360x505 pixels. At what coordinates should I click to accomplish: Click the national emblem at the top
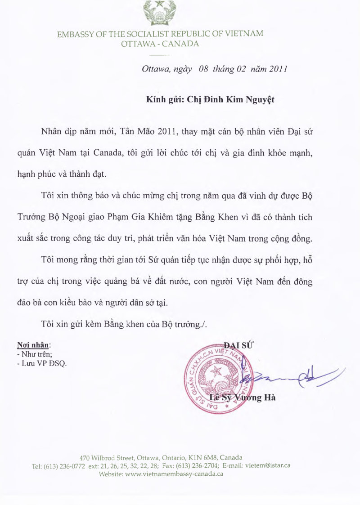coord(160,13)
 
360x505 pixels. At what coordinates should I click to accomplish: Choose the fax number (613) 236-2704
coord(198,466)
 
